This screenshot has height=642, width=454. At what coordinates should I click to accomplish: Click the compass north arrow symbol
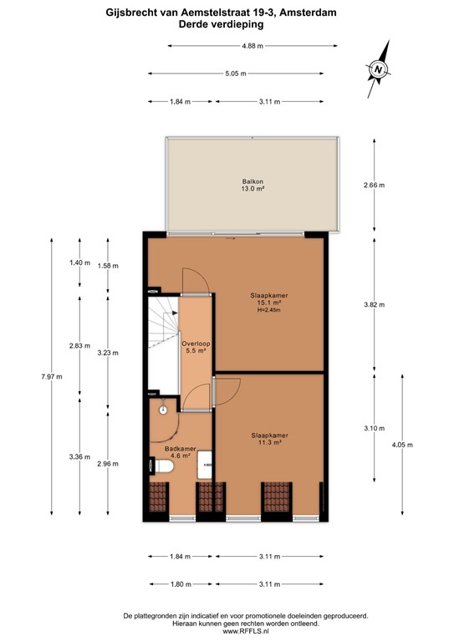coord(380,68)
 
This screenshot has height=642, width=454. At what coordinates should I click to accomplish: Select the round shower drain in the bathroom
coord(164,410)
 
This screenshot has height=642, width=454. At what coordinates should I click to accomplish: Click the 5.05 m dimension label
coord(237,74)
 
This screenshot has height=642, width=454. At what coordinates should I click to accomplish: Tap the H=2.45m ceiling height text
coord(270,310)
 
